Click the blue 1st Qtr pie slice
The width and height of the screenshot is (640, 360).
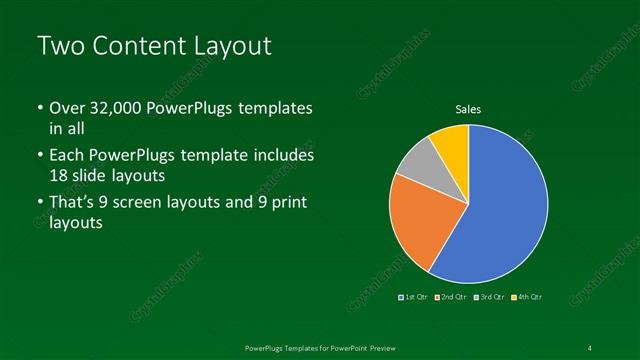point(500,210)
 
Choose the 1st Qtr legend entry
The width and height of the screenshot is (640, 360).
point(415,297)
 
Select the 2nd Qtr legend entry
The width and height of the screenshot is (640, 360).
point(452,297)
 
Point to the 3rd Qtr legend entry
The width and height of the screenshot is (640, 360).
point(490,297)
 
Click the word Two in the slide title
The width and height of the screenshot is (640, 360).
point(57,46)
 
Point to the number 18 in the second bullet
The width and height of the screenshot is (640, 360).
point(59,175)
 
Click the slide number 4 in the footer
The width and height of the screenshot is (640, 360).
point(590,347)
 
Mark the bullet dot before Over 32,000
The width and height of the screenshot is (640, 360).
point(39,108)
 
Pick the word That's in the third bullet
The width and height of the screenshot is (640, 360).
point(73,202)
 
